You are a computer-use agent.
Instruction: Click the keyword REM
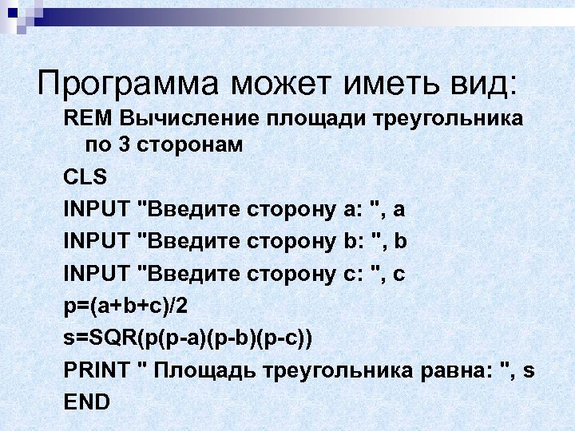point(89,120)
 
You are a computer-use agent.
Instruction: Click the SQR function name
point(115,338)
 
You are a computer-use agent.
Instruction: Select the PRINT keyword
point(97,370)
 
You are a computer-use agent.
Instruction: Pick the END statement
point(86,402)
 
